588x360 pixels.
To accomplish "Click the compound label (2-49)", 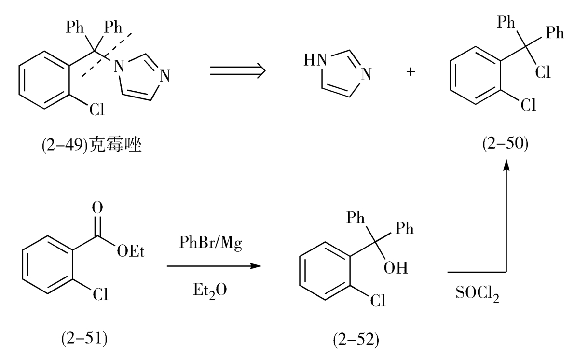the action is (x=65, y=145).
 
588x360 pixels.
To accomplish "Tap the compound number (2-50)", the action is (x=506, y=144).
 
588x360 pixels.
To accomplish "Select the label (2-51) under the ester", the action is (x=84, y=338).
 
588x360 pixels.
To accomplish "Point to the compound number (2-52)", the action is (x=356, y=339).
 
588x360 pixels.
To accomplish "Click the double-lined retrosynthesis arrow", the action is (x=237, y=70).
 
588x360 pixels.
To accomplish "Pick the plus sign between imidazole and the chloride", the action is (x=411, y=71).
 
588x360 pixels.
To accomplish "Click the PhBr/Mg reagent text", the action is (x=210, y=243).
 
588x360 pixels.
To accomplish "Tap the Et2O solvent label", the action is (x=210, y=291).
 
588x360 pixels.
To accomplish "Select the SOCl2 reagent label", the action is (x=477, y=293).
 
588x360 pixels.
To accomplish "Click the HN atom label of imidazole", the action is (x=315, y=60).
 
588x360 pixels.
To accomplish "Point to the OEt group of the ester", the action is (x=130, y=251).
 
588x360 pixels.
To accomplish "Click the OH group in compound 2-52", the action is (x=396, y=268).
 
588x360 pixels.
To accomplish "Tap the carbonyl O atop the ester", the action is (x=97, y=208).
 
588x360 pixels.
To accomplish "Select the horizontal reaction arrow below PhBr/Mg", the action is (x=214, y=266).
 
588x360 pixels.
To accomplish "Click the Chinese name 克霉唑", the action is (x=115, y=145).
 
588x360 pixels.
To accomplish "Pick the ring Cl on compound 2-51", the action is (x=100, y=294).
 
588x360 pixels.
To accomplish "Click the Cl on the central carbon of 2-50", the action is (x=543, y=72).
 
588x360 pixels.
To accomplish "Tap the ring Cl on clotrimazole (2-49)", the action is (x=97, y=109).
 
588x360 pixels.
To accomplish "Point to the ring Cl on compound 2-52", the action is (x=378, y=300).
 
